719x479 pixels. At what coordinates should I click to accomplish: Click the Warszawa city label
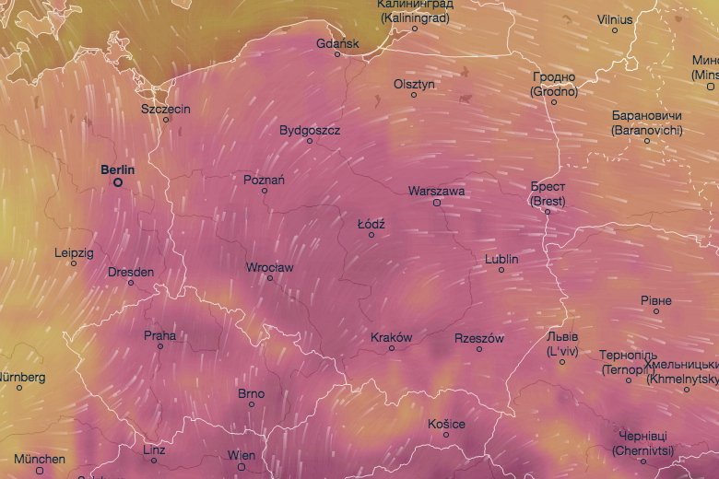(436, 192)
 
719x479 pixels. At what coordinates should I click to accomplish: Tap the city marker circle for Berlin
(118, 182)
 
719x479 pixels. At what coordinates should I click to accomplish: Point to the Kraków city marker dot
(392, 348)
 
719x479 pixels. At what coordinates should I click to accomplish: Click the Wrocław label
(269, 267)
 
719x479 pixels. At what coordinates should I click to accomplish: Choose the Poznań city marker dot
(265, 191)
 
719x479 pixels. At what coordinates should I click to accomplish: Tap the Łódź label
(371, 224)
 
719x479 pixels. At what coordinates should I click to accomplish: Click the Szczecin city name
(166, 109)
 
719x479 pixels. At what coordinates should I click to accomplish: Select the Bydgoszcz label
(310, 131)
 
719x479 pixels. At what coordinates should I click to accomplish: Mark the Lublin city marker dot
(501, 270)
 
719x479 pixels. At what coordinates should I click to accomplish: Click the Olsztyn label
(413, 84)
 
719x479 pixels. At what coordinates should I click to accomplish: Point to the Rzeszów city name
(479, 338)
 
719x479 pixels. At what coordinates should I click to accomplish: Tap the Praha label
(159, 335)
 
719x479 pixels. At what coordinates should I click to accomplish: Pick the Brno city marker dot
(251, 404)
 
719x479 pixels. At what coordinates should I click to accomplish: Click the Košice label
(445, 424)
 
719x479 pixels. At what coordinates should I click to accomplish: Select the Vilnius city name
(615, 18)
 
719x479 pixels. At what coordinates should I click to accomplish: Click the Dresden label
(131, 272)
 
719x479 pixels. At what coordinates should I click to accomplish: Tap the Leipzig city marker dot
(74, 263)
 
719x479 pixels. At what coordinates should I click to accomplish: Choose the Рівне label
(656, 301)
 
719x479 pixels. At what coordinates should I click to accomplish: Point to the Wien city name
(242, 455)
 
